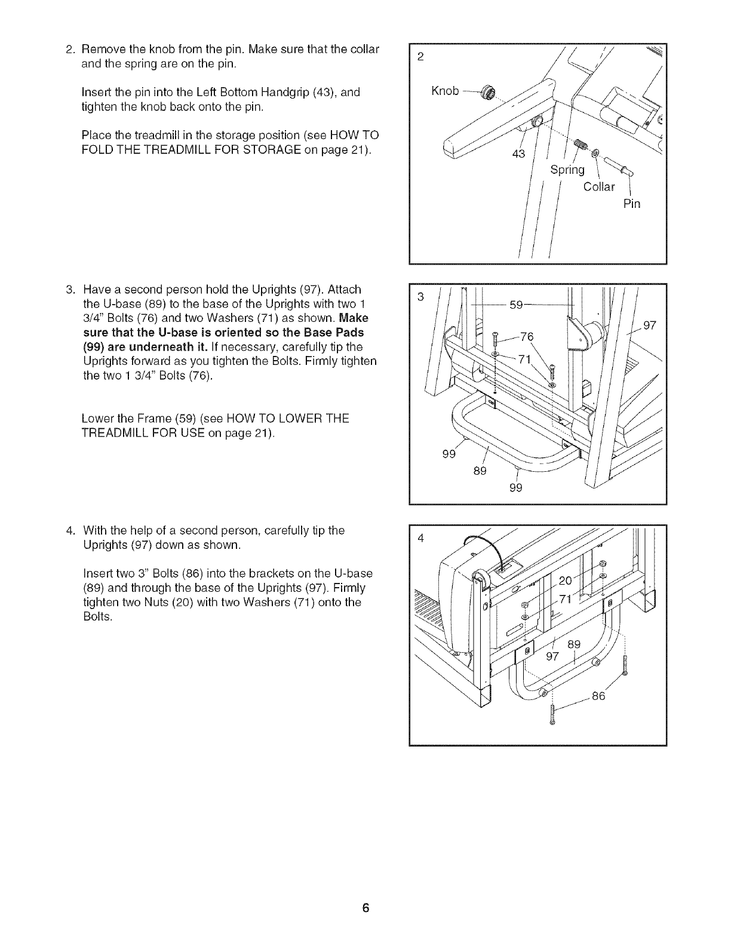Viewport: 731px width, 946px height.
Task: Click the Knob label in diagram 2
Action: [445, 91]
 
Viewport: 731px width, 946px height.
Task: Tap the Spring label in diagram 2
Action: [567, 170]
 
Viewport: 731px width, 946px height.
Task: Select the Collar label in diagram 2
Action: [598, 187]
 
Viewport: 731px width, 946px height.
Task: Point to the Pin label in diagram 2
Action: [631, 204]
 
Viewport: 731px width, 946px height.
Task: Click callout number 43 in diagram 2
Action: [518, 154]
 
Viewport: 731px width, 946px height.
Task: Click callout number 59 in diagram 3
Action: [517, 305]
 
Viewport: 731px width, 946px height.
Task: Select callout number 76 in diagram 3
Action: [527, 337]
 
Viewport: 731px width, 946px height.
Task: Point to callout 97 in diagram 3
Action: [650, 325]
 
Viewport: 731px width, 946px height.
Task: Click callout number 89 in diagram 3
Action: [480, 471]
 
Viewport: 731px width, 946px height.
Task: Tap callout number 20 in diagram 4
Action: [565, 581]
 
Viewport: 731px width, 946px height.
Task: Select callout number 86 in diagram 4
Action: [598, 696]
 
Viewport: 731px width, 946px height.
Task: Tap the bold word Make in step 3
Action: [355, 318]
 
